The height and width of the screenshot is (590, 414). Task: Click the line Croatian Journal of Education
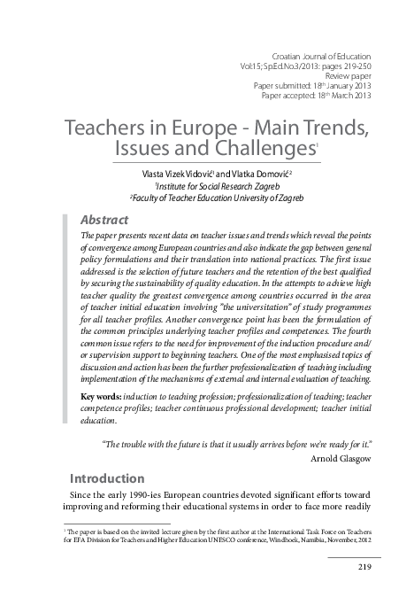pyautogui.click(x=320, y=55)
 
